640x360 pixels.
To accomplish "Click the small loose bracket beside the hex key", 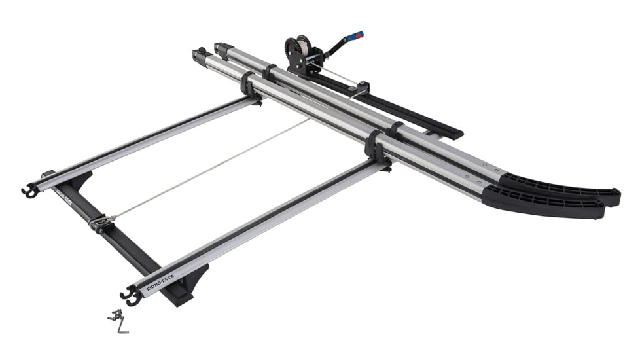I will [x=113, y=315].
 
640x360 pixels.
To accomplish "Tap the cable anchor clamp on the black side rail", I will [x=99, y=223].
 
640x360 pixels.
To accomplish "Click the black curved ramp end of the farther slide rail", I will [x=563, y=187].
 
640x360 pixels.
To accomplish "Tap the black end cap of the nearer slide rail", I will [x=198, y=56].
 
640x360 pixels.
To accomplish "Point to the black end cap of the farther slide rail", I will [x=221, y=49].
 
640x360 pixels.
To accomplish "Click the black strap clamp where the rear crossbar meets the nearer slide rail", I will [x=249, y=87].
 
